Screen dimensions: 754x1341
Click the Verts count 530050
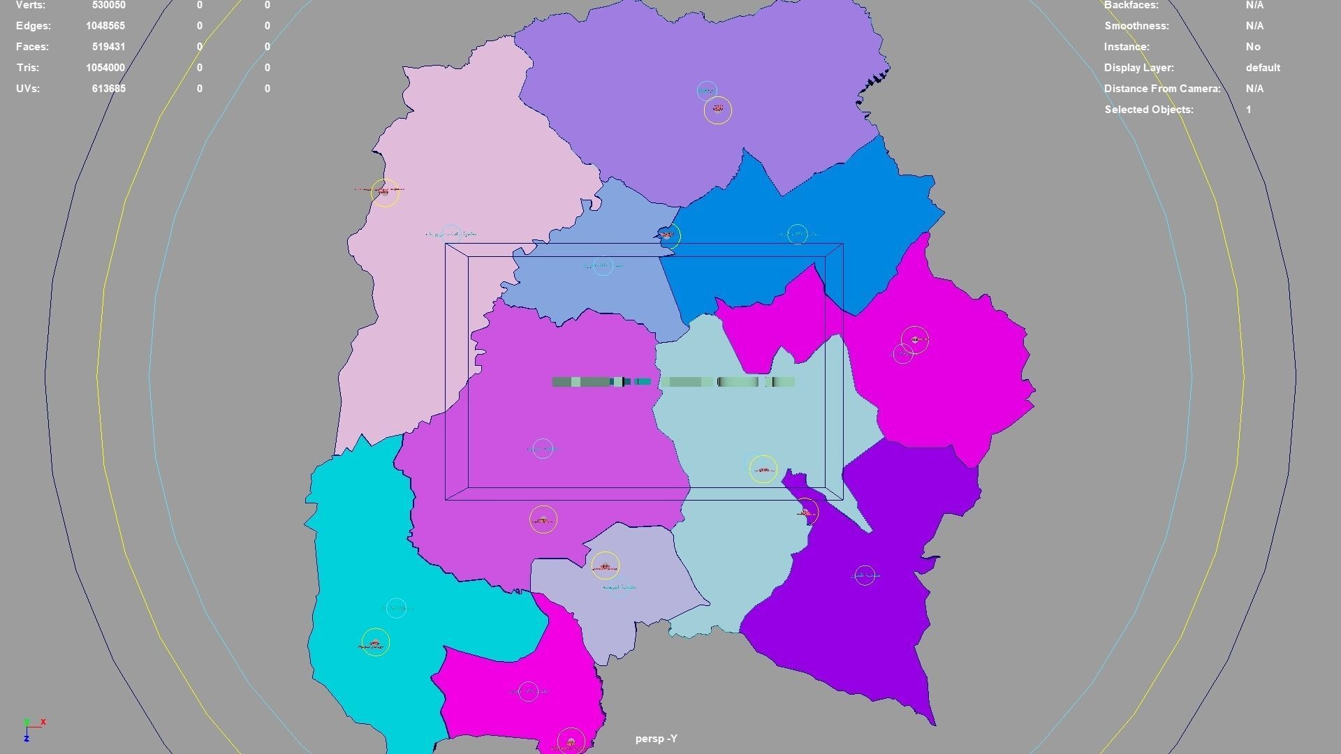pos(108,6)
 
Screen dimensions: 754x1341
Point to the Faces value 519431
pos(108,47)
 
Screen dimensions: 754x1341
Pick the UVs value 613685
pos(108,89)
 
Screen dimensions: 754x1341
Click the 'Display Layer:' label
pos(1138,68)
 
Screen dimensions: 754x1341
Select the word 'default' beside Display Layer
pos(1262,68)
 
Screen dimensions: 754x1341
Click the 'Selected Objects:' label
pos(1148,110)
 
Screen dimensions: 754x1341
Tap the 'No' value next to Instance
pos(1252,47)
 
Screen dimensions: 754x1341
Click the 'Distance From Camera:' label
pos(1162,89)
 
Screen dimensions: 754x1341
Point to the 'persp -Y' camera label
pos(656,739)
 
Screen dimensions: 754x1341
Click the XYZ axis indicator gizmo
pos(32,729)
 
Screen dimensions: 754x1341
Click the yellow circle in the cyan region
pos(376,642)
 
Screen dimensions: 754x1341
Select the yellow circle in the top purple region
pos(717,110)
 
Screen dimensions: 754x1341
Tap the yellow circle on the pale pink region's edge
pos(385,192)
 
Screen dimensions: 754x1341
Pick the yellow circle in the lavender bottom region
pos(605,565)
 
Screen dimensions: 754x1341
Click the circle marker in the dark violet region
pos(865,575)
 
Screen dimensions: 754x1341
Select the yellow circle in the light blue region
pos(763,469)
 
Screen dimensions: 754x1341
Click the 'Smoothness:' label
pos(1136,26)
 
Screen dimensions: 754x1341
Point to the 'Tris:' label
pos(27,68)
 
